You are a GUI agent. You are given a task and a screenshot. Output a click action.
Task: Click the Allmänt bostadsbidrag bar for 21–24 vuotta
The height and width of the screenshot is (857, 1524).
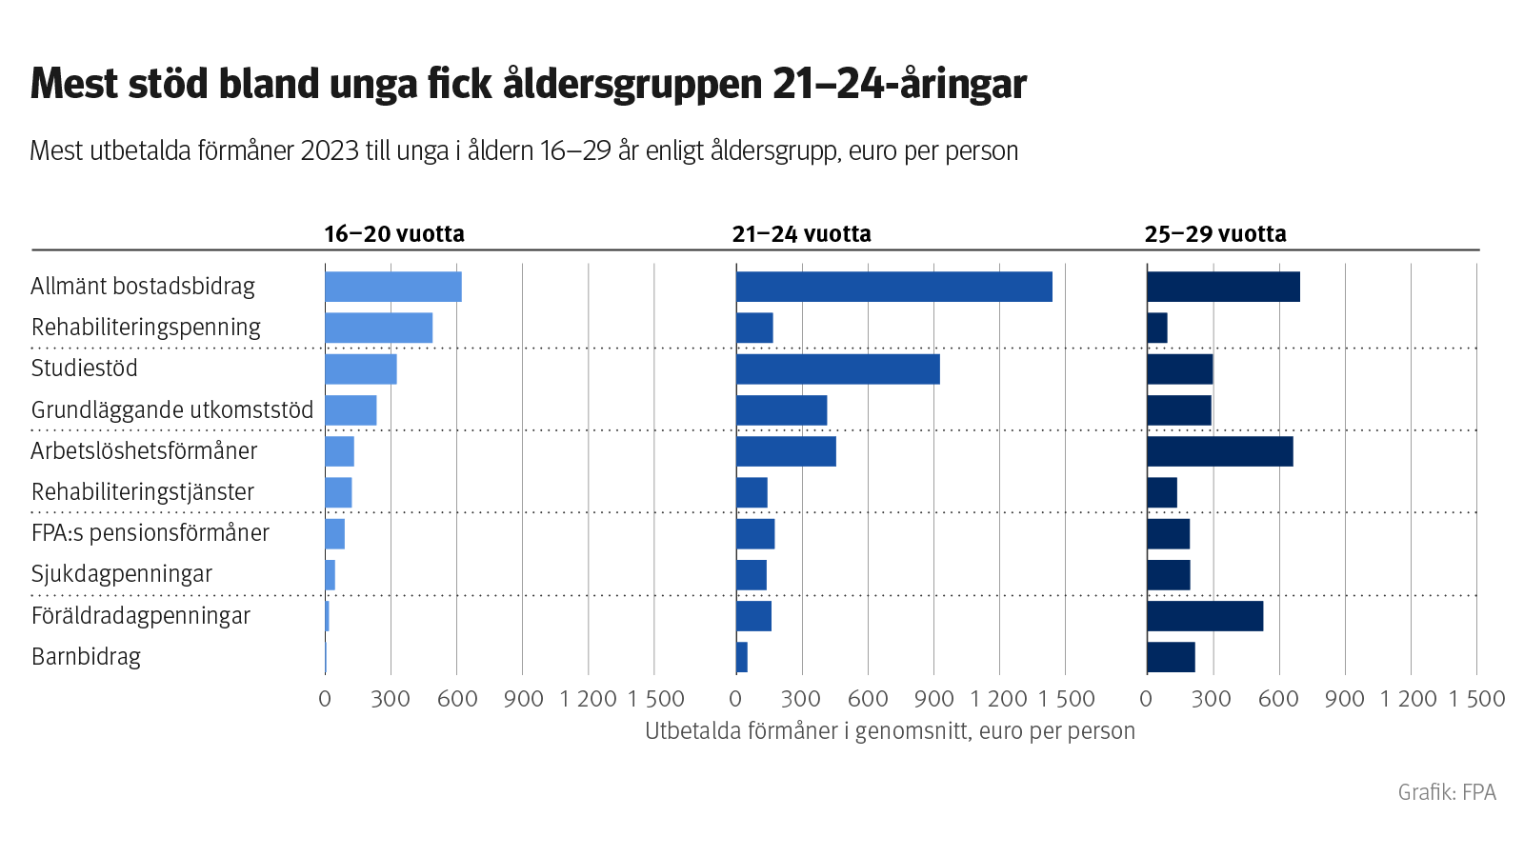[x=893, y=287]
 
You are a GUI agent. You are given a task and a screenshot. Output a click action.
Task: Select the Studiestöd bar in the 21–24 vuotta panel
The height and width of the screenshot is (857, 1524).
[x=837, y=369]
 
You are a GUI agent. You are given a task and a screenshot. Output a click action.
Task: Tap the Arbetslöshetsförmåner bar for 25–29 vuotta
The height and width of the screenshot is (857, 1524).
[x=1219, y=451]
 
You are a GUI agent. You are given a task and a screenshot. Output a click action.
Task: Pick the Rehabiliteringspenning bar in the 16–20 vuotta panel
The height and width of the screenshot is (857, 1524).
[x=378, y=328]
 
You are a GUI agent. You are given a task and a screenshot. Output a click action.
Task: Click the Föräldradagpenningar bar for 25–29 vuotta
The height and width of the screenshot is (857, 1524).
[x=1205, y=616]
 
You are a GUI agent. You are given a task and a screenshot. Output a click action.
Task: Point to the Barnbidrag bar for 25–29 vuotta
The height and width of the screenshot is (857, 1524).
[x=1171, y=657]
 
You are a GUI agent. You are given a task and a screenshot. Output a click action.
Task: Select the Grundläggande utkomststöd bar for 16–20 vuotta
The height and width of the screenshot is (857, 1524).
[x=351, y=410]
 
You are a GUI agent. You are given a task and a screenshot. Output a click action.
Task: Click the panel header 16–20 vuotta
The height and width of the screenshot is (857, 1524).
[x=393, y=234]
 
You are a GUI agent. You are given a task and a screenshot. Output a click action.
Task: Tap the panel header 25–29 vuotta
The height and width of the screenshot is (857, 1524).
[x=1214, y=234]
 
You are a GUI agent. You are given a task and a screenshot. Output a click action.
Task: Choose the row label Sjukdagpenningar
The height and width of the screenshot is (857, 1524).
[x=122, y=574]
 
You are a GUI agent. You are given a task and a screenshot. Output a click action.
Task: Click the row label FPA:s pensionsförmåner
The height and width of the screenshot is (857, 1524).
[x=150, y=533]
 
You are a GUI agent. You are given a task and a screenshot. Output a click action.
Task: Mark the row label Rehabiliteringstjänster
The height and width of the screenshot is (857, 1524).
[x=143, y=492]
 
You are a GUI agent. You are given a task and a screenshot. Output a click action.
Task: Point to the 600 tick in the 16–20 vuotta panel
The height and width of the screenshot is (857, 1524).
[x=457, y=699]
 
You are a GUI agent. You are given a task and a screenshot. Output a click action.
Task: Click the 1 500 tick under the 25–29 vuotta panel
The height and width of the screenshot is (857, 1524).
[x=1476, y=699]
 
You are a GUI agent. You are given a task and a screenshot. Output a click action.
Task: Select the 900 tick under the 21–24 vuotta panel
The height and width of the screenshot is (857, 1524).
[x=933, y=699]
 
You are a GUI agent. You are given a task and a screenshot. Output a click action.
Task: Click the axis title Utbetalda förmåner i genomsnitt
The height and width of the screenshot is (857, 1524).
[x=890, y=731]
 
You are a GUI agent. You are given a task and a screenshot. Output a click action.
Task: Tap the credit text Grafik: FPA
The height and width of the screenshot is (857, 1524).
[x=1446, y=792]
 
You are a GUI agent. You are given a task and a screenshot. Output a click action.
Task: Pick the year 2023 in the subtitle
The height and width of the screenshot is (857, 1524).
[x=330, y=151]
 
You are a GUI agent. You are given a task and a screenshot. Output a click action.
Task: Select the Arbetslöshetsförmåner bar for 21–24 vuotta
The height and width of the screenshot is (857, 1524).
[x=786, y=451]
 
